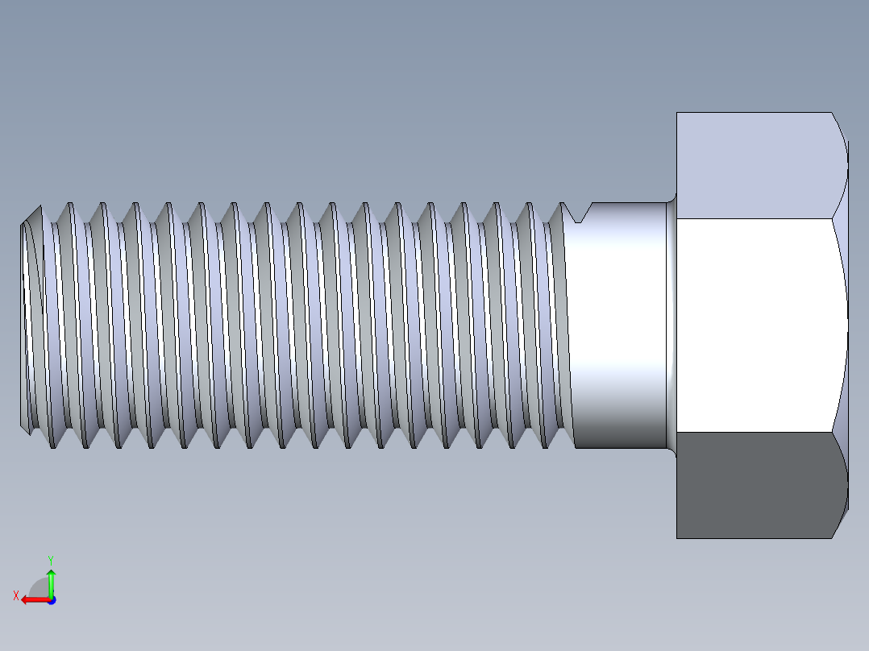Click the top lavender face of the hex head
754,165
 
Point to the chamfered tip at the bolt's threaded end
29,322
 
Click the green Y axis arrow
51,582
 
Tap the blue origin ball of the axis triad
51,599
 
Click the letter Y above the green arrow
50,559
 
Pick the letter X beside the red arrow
15,595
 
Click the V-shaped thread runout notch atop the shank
579,214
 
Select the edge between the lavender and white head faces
754,218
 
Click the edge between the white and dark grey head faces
754,432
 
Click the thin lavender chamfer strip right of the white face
841,322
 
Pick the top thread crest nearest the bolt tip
38,207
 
